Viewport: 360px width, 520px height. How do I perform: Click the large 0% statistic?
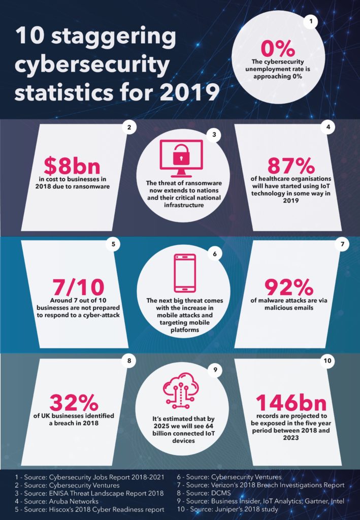(277, 49)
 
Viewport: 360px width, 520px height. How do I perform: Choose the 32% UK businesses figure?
(74, 403)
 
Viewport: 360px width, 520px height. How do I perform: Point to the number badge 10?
(328, 361)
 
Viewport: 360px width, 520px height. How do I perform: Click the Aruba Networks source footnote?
(59, 501)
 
